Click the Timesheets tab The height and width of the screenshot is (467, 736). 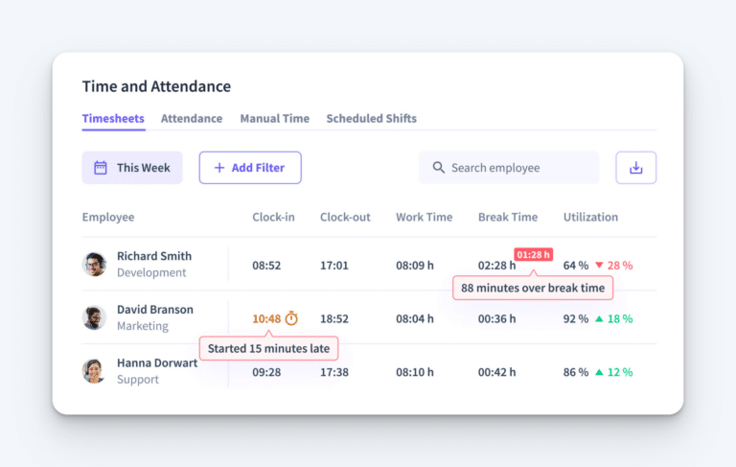[x=113, y=119]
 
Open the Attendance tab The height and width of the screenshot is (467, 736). [x=192, y=119]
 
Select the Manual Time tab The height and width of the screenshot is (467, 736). [x=274, y=119]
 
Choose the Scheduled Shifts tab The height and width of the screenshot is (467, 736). [x=371, y=119]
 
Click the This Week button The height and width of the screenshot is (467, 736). [x=132, y=168]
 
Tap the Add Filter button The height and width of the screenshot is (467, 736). [x=249, y=168]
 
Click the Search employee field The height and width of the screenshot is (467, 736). [x=508, y=168]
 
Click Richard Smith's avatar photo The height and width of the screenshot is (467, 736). [x=94, y=265]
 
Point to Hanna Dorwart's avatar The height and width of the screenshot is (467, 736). [x=94, y=371]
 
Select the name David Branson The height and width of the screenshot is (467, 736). [x=154, y=310]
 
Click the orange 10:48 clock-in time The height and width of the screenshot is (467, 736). [x=266, y=318]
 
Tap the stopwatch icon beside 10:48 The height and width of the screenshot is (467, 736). [x=291, y=318]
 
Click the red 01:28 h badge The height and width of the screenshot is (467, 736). [x=534, y=254]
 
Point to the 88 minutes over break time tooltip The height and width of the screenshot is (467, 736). [x=532, y=288]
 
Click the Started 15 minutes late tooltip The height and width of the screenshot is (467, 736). [x=270, y=348]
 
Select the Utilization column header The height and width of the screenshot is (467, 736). [x=590, y=218]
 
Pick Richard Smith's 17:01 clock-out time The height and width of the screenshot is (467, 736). [x=334, y=265]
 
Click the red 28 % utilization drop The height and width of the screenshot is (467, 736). [x=614, y=265]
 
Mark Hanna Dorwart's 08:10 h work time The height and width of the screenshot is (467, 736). [x=414, y=371]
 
